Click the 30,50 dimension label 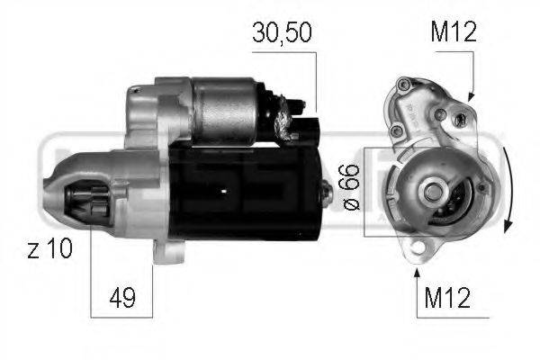point(282,32)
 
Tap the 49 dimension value point(122,298)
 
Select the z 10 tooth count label point(49,248)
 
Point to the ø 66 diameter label point(352,187)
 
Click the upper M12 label point(454,31)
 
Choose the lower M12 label point(447,298)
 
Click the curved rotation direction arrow point(508,189)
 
